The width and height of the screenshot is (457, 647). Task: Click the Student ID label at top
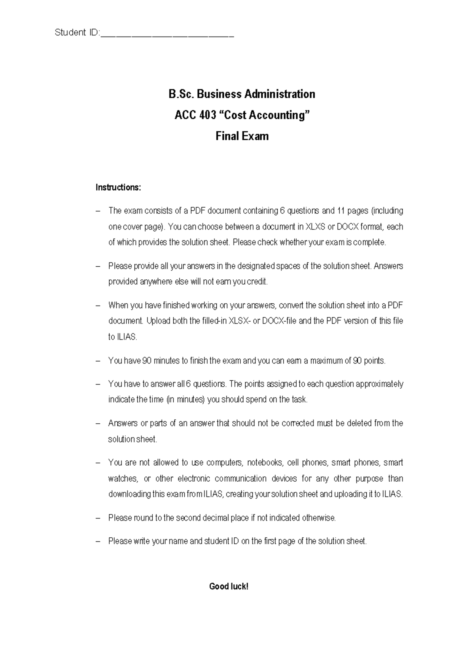76,33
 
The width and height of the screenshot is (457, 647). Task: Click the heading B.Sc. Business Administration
242,94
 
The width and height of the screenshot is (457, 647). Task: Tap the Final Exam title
242,136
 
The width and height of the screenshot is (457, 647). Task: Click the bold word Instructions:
118,187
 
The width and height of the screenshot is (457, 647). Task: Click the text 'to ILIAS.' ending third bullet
123,337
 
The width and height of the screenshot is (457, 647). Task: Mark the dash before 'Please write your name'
99,541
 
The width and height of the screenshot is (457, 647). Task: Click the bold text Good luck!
228,587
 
